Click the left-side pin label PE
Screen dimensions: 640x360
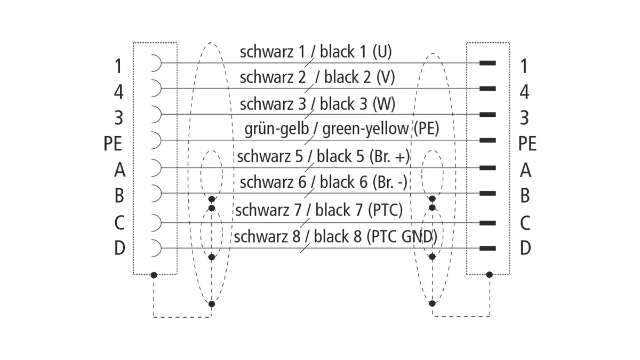(x=113, y=143)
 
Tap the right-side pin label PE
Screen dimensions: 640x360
(x=527, y=143)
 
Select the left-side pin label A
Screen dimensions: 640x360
(x=119, y=170)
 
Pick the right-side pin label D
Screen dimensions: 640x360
(x=525, y=247)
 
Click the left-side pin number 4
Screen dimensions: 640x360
(x=119, y=92)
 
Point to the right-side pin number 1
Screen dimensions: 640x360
(x=524, y=66)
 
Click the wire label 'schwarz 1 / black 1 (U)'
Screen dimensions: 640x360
(x=316, y=52)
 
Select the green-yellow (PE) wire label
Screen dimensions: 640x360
(x=342, y=129)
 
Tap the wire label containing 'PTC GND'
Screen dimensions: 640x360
(x=335, y=237)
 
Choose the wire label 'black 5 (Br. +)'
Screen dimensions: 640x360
(x=363, y=156)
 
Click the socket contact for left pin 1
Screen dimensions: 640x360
(x=156, y=63)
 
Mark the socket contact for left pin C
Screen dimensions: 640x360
(x=156, y=222)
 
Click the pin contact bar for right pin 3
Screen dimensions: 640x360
(x=487, y=115)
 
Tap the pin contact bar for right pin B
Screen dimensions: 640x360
(x=487, y=194)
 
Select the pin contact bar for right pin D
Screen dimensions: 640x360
(x=487, y=249)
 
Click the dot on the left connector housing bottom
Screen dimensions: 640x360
(x=154, y=275)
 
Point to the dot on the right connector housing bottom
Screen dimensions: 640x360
(x=490, y=275)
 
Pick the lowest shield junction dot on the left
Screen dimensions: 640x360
(x=211, y=304)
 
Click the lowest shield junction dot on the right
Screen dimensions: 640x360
(x=433, y=303)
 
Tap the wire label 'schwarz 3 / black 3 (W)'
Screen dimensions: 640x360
(x=317, y=103)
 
